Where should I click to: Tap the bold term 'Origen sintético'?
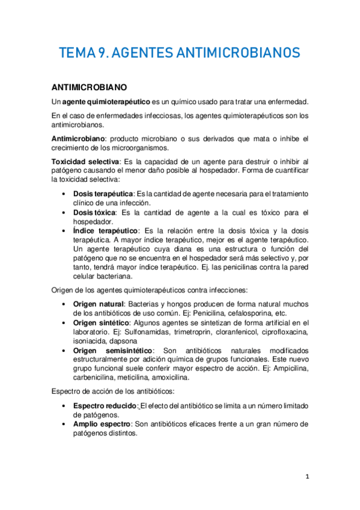pos(102,322)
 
